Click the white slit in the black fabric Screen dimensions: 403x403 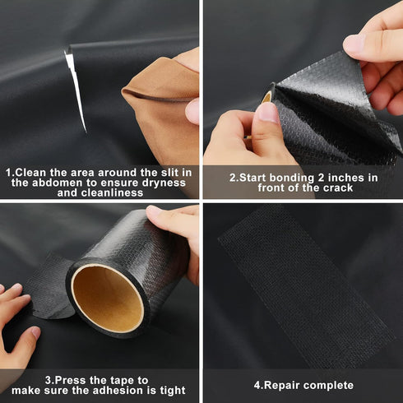pyautogui.click(x=75, y=89)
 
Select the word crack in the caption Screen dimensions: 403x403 pyautogui.click(x=332, y=188)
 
